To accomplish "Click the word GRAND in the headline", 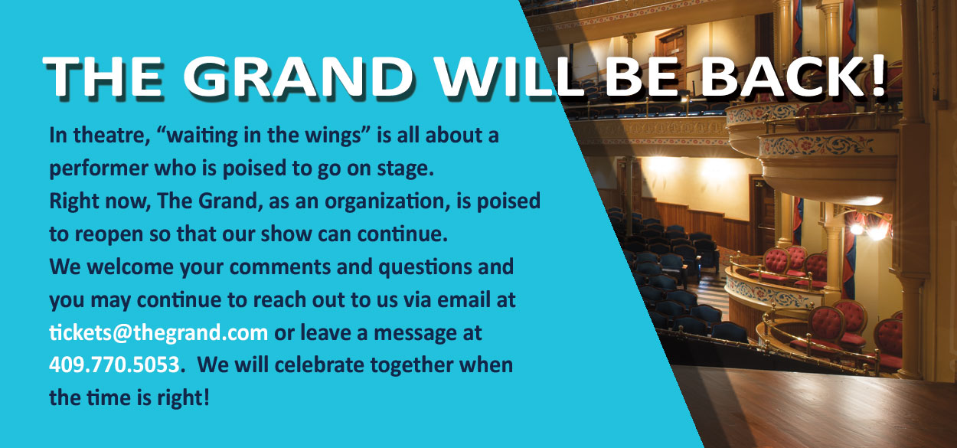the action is (x=299, y=77).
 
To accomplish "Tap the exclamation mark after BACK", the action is (x=878, y=76).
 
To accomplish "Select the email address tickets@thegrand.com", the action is (x=158, y=332).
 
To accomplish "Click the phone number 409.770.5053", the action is (x=114, y=365).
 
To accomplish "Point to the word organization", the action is (x=384, y=201).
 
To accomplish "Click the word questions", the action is (x=425, y=267).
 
